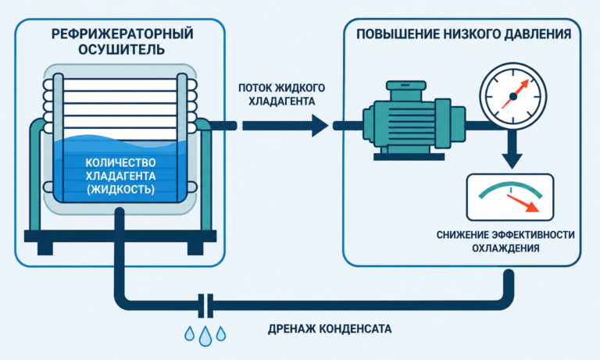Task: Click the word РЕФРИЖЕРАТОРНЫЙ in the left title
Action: click(122, 34)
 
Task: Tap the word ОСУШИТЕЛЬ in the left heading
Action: click(122, 49)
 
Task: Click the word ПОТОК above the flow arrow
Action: click(256, 87)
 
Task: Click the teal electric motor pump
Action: click(413, 120)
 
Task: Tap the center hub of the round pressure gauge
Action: click(513, 97)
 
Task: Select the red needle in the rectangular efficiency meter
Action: click(523, 203)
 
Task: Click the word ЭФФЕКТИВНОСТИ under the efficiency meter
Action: click(534, 234)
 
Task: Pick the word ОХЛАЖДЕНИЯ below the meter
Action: click(505, 248)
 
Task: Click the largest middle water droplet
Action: click(205, 337)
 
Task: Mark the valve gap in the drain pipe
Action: click(206, 305)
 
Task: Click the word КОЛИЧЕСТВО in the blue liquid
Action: click(120, 162)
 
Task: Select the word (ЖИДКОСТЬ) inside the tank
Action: click(120, 189)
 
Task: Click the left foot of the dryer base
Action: click(45, 248)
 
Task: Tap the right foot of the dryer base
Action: click(195, 248)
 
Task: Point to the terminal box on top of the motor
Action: click(406, 91)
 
